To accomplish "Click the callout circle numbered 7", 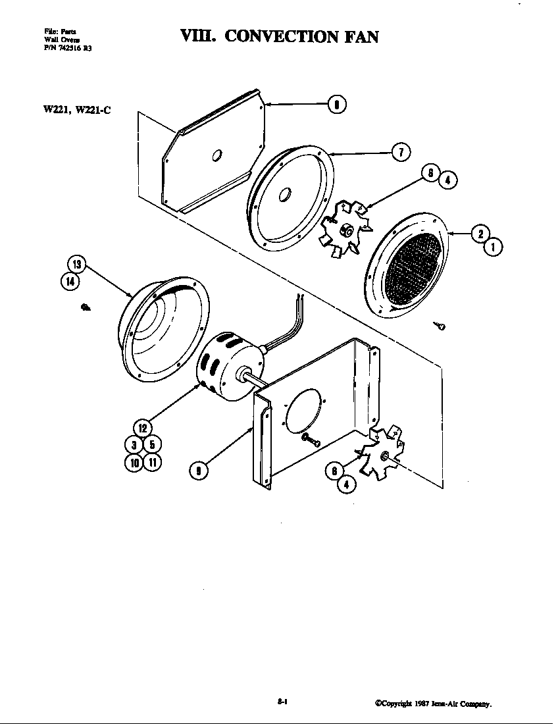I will [401, 152].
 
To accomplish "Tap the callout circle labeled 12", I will [143, 428].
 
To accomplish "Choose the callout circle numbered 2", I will [480, 233].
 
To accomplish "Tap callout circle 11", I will [152, 462].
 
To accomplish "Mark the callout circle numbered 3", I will [134, 446].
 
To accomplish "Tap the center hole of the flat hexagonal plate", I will [216, 155].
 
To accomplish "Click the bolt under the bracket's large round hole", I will [310, 440].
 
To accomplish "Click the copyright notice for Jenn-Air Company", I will [434, 704].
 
